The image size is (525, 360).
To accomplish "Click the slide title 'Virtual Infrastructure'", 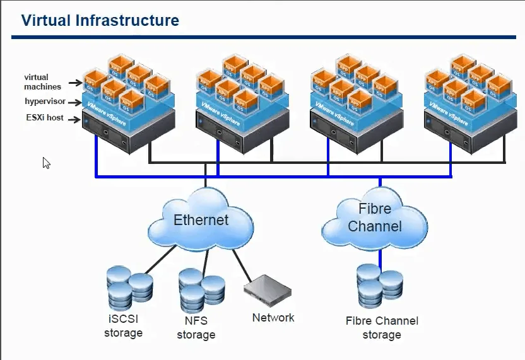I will click(x=100, y=20).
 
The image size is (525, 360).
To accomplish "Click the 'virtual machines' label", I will click(x=43, y=81).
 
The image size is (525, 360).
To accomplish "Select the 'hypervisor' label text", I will click(x=45, y=101).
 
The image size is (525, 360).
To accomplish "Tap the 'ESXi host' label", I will click(x=44, y=117).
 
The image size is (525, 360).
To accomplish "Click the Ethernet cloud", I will click(x=201, y=221).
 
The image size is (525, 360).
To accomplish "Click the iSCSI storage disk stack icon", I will click(x=129, y=287).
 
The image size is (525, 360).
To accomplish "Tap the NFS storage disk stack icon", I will click(x=201, y=289).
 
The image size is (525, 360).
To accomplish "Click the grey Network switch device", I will click(x=268, y=291).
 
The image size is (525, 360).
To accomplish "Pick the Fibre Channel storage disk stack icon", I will click(x=379, y=285).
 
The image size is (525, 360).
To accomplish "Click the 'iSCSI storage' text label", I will click(x=123, y=325).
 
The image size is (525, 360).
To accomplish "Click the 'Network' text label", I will click(x=273, y=318).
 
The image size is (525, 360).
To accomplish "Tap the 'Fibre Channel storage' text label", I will click(x=382, y=328).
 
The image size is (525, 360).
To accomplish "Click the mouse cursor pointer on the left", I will click(x=46, y=163).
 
